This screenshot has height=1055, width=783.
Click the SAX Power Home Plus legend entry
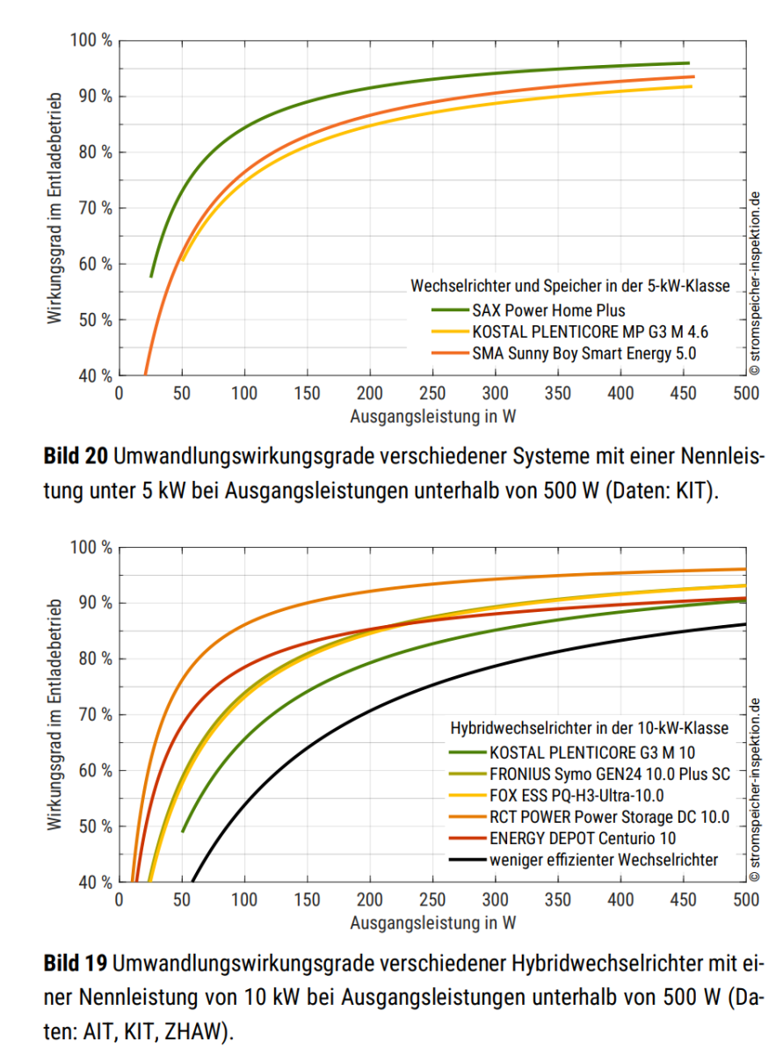pyautogui.click(x=548, y=310)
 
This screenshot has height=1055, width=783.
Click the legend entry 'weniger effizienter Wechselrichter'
pyautogui.click(x=604, y=860)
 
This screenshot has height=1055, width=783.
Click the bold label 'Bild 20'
pyautogui.click(x=76, y=457)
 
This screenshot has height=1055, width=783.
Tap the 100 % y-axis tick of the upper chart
pyautogui.click(x=91, y=40)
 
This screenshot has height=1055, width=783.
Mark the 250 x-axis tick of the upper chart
pyautogui.click(x=432, y=393)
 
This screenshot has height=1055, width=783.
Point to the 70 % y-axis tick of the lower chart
pyautogui.click(x=95, y=715)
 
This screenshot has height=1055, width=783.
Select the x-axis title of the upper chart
pyautogui.click(x=432, y=417)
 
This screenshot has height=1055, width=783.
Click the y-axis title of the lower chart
pyautogui.click(x=54, y=715)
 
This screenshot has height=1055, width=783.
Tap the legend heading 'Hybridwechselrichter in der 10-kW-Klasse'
pyautogui.click(x=589, y=729)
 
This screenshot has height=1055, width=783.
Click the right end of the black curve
pyautogui.click(x=745, y=624)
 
